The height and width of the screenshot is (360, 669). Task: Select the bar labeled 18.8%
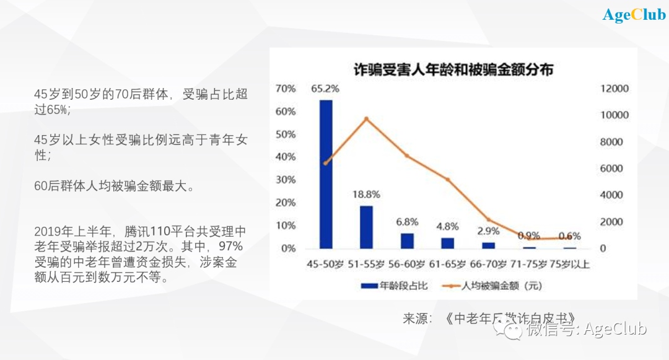pos(366,227)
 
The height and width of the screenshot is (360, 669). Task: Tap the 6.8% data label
pos(407,221)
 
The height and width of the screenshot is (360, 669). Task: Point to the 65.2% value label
pos(325,89)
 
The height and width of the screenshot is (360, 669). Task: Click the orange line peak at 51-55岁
pos(366,119)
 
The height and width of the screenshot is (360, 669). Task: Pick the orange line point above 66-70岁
pos(488,220)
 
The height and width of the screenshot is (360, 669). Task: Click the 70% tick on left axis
pos(286,89)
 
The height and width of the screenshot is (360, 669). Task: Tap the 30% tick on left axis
pos(286,180)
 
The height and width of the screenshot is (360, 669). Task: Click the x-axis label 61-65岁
pos(448,265)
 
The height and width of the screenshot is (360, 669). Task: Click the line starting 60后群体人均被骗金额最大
pos(115,186)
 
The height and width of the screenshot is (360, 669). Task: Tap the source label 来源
pos(417,319)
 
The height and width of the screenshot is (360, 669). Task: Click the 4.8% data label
pos(448,226)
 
